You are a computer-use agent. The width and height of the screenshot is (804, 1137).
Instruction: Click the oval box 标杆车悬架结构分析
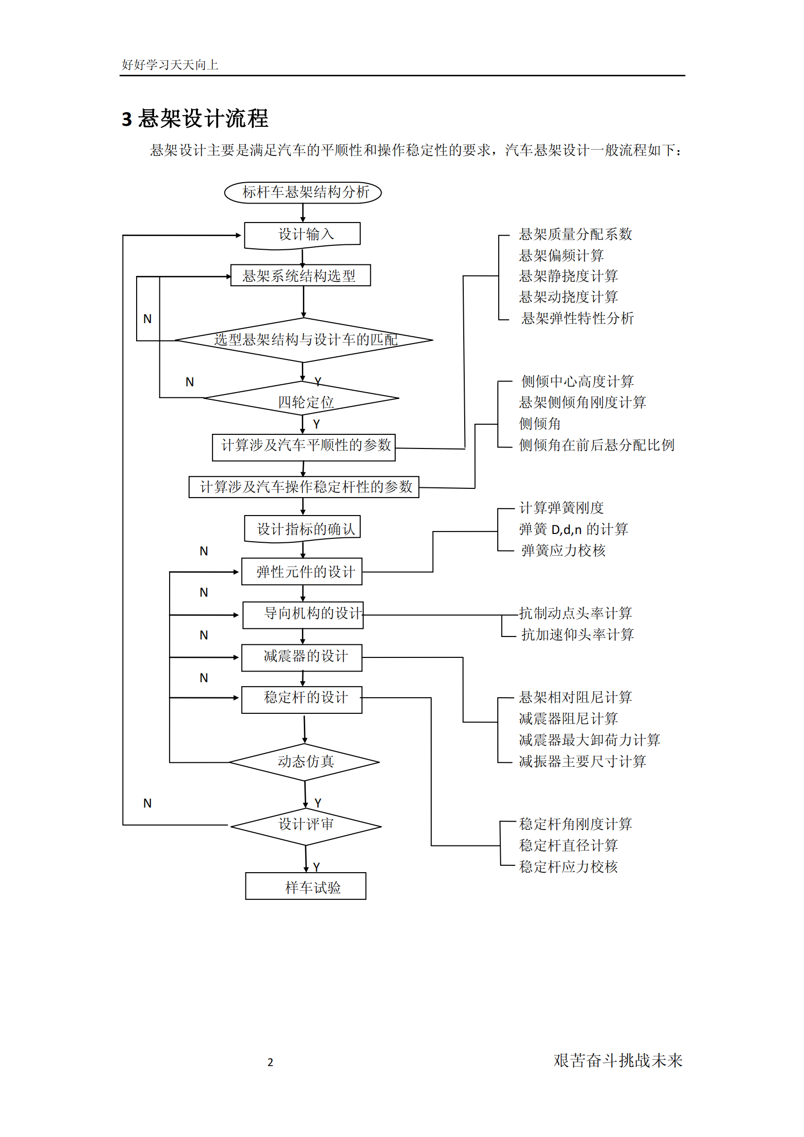(303, 192)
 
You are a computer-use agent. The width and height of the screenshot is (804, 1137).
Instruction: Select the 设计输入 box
(303, 234)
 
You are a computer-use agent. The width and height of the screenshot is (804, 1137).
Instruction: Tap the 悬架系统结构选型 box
(300, 276)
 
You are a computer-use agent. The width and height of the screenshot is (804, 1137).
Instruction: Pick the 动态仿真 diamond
(304, 761)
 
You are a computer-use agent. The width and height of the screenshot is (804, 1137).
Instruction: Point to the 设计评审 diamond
(306, 826)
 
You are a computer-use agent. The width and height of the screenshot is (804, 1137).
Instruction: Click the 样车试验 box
(306, 886)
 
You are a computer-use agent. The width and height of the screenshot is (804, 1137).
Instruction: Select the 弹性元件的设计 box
(302, 572)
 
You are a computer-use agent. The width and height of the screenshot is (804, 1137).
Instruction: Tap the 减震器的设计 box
(302, 657)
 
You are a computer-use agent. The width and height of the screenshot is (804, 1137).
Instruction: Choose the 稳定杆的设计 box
(302, 699)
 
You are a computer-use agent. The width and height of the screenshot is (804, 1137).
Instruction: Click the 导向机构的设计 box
(303, 615)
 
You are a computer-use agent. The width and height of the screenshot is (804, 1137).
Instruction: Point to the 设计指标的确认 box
(303, 529)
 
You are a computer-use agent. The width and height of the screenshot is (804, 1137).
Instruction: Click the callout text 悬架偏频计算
(561, 256)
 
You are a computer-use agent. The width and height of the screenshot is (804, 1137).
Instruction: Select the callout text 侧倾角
(540, 424)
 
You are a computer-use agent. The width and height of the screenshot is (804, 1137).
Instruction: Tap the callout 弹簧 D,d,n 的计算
(573, 529)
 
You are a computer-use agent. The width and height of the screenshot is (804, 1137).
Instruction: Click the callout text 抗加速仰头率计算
(577, 635)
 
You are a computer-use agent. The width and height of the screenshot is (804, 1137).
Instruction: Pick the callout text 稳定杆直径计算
(568, 845)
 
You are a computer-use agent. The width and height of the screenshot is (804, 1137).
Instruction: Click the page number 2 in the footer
(270, 1062)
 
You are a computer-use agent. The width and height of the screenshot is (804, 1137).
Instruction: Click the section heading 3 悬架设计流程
(195, 119)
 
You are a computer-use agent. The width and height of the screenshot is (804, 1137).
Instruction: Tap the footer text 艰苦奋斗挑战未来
(618, 1060)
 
